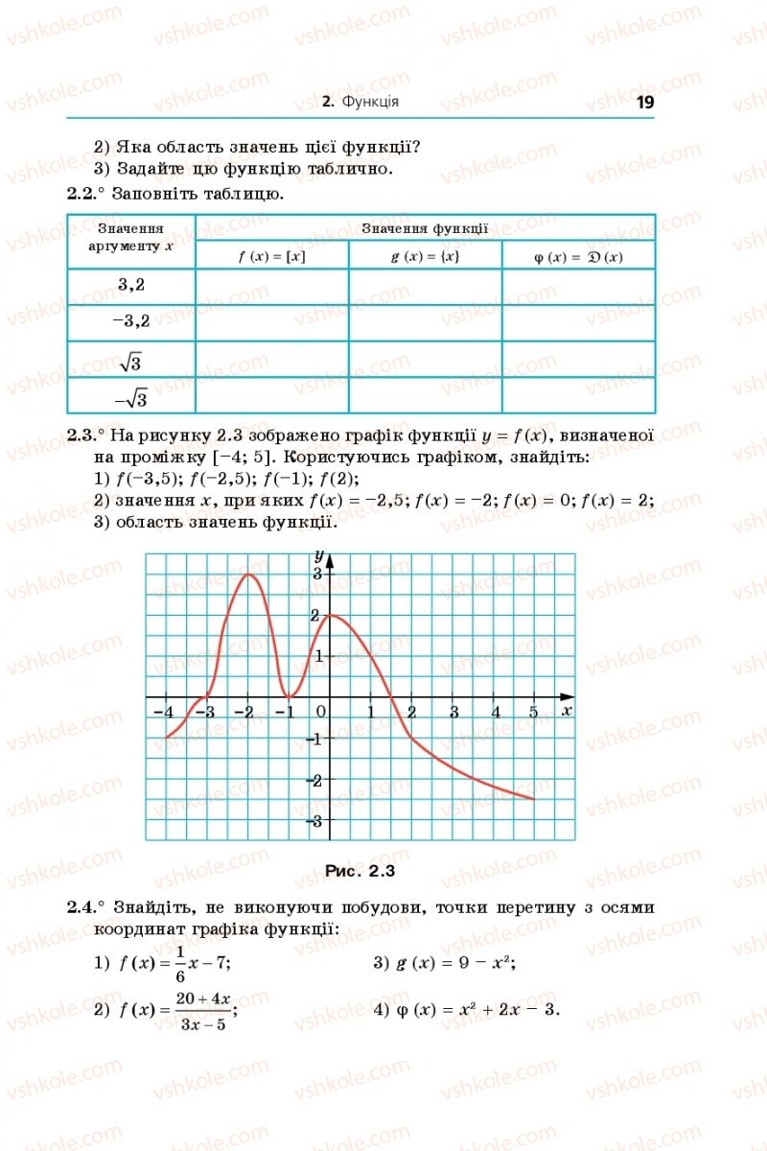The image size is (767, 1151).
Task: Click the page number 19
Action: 644,102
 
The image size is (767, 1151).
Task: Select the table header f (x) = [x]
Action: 271,256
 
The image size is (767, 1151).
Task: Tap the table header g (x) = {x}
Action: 425,256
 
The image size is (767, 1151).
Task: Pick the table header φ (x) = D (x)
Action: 578,256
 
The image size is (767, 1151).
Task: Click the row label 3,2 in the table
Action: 131,286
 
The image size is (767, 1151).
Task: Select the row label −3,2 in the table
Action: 131,322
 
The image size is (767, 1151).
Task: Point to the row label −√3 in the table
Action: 131,396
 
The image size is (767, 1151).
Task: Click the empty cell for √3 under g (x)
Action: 425,360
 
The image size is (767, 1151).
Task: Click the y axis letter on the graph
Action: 319,554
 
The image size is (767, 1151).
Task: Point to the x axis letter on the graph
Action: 567,711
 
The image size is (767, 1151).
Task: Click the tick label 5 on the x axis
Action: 534,712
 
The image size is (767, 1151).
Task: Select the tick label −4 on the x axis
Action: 163,712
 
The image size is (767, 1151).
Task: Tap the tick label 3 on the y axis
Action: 317,574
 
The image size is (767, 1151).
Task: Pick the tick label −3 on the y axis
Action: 314,821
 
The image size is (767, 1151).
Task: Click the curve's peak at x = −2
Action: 248,574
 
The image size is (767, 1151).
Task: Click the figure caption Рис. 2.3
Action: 360,871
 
